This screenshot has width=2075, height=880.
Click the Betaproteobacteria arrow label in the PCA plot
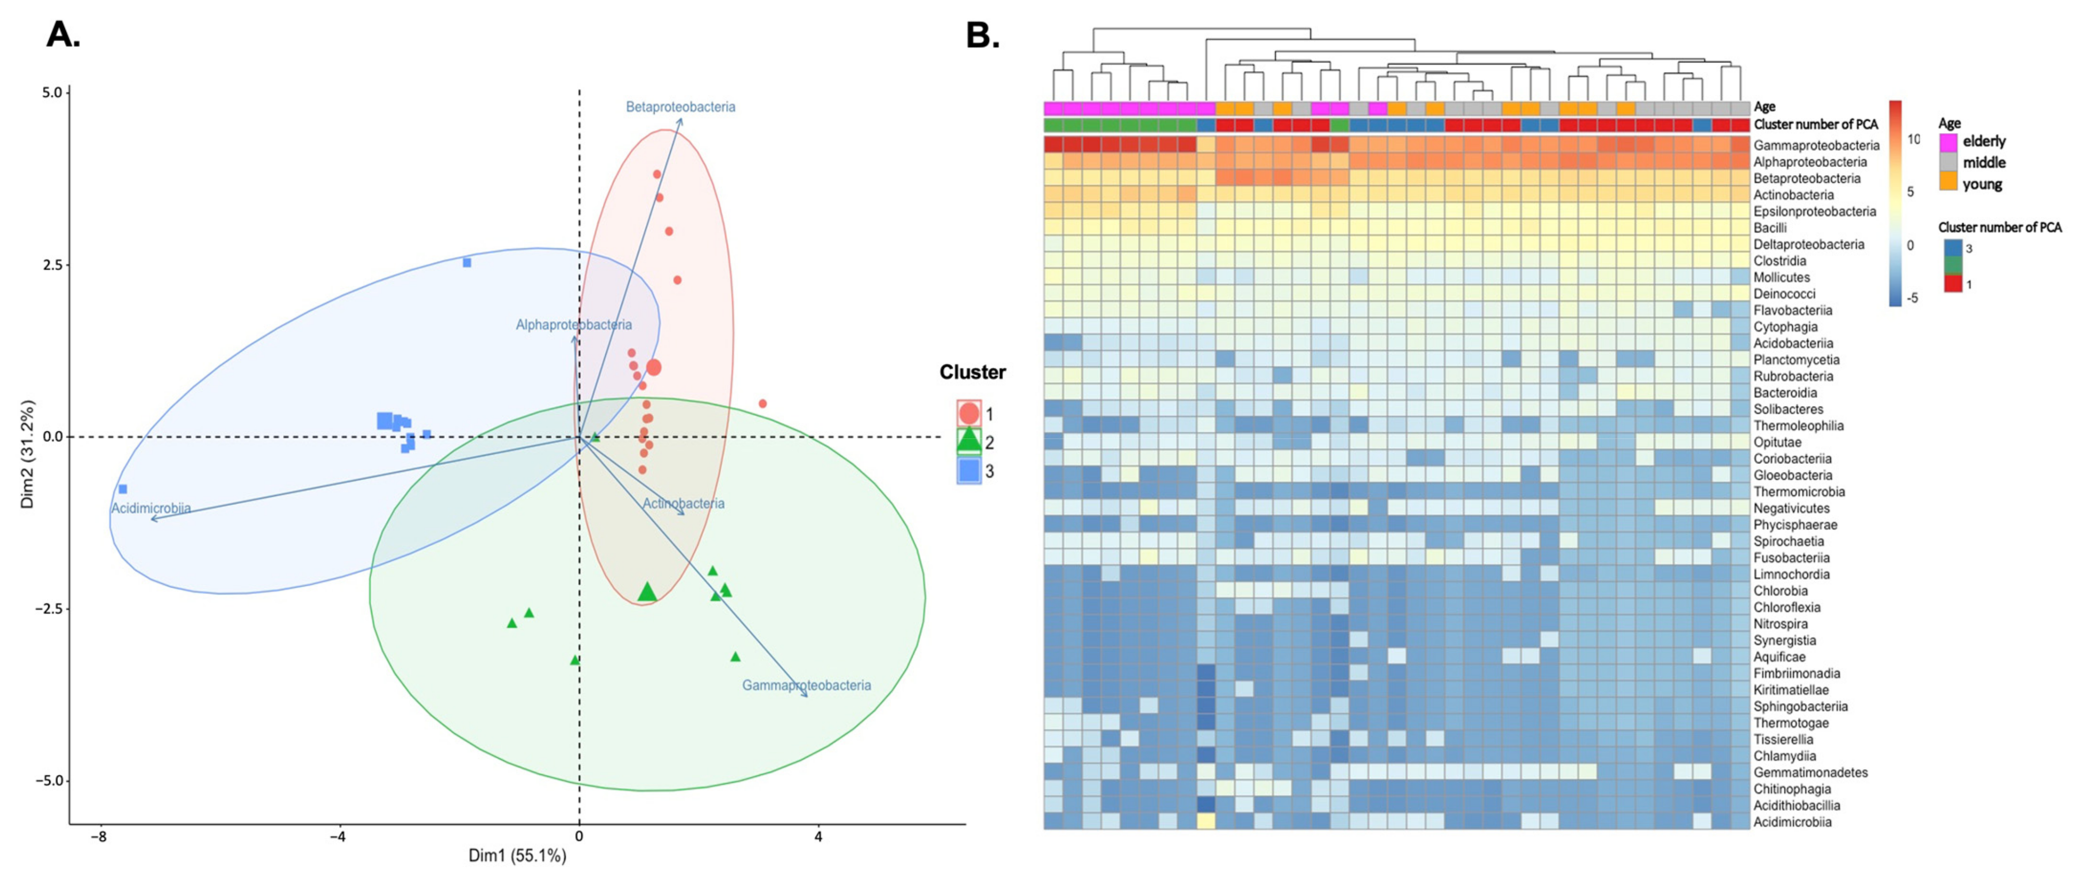click(x=680, y=106)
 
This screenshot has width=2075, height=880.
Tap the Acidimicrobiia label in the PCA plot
click(x=151, y=508)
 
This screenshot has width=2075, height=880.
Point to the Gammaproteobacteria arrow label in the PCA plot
click(x=806, y=685)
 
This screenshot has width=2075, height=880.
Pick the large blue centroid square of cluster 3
click(x=385, y=420)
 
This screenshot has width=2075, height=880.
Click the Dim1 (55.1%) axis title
click(x=517, y=856)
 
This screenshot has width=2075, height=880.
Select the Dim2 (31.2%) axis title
click(x=28, y=454)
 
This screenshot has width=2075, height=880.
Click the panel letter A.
click(x=63, y=35)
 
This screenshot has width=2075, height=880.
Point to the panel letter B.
click(x=982, y=35)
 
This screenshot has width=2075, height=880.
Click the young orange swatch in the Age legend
click(x=1949, y=184)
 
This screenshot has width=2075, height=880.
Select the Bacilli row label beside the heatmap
click(x=1770, y=228)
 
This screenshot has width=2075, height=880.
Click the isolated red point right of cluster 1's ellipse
click(x=762, y=404)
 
